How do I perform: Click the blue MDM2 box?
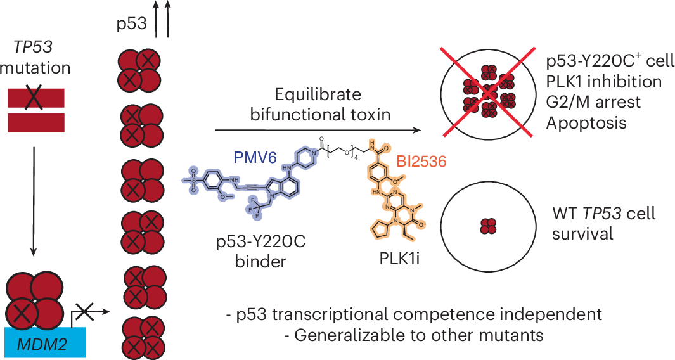[x=45, y=342]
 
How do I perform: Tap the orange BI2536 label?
[x=421, y=162]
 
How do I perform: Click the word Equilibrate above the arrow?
[x=318, y=94]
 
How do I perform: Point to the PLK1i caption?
[x=399, y=258]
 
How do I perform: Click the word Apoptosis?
[x=586, y=124]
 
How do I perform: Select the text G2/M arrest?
[x=594, y=103]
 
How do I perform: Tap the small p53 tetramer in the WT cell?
[x=488, y=226]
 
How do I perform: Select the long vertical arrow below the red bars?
[x=34, y=201]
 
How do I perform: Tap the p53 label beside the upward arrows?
[x=131, y=23]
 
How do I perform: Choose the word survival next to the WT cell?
[x=582, y=235]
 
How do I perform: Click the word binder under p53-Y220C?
[x=260, y=262]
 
